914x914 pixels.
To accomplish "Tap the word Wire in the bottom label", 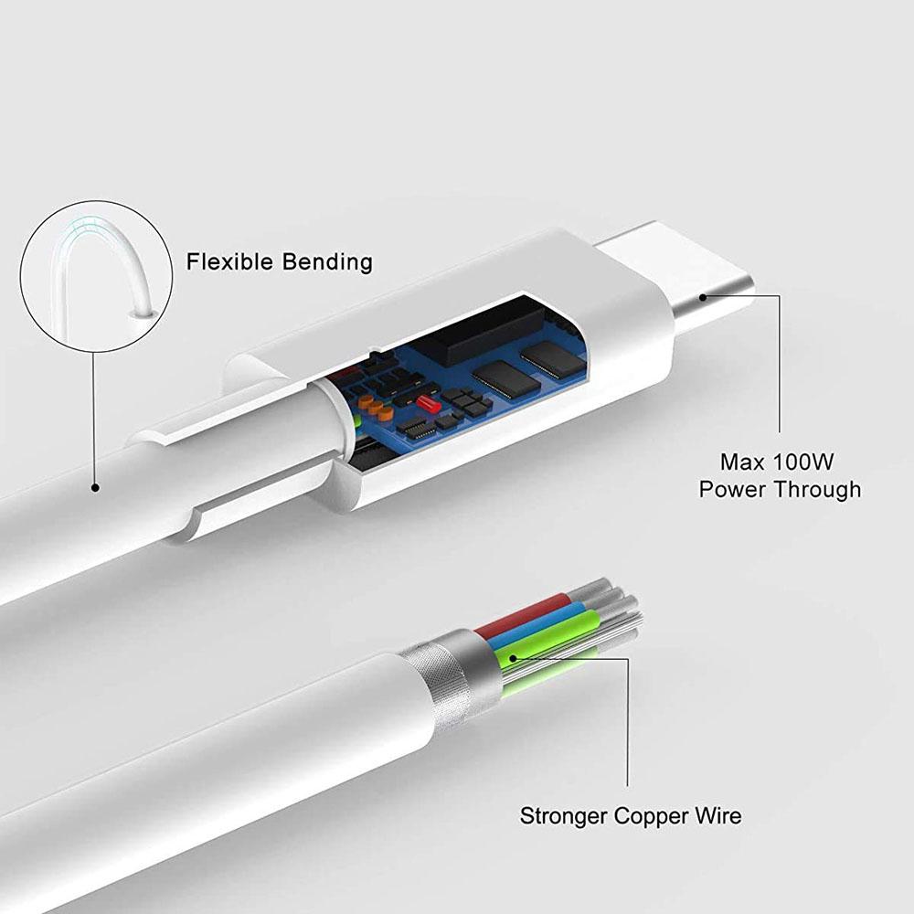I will (719, 815).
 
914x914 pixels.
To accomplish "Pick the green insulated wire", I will (558, 640).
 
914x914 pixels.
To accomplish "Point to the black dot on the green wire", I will (513, 655).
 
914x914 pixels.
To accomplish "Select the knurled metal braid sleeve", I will (448, 676).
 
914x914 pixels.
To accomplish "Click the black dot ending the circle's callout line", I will (95, 488).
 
